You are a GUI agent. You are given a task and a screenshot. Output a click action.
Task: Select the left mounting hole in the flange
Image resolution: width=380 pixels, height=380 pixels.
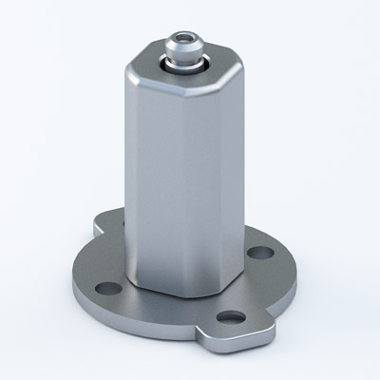tap(108, 287)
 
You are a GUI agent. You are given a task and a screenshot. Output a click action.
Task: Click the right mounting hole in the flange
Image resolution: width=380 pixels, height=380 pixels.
tap(254, 253)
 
